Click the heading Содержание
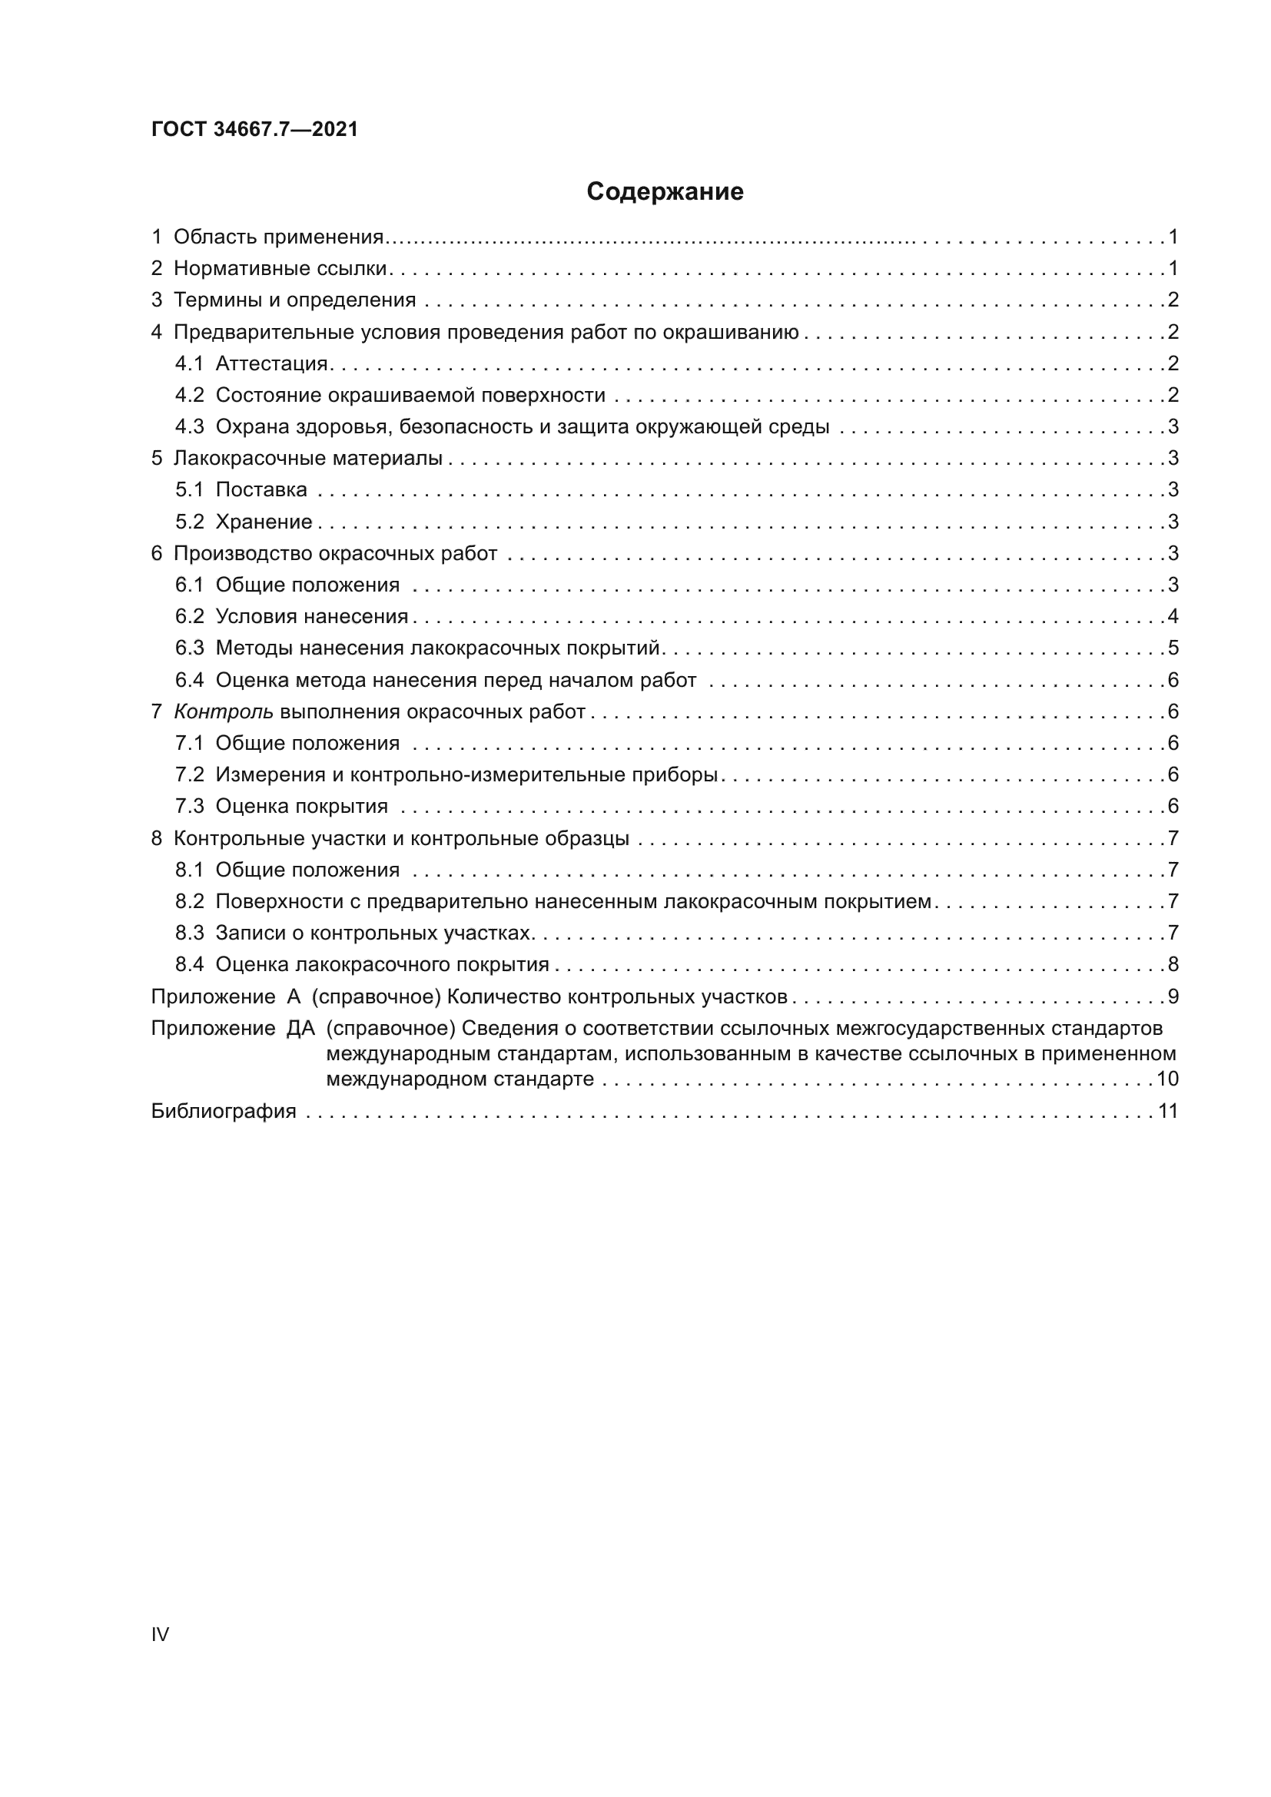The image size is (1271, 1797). click(665, 192)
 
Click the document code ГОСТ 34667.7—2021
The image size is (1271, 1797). click(254, 129)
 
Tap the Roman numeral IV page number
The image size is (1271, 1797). click(160, 1634)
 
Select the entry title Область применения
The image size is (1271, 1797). click(278, 237)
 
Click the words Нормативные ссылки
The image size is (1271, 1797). click(280, 268)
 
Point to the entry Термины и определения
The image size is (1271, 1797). click(294, 300)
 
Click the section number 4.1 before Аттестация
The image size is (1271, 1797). click(189, 363)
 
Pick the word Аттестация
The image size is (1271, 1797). click(271, 363)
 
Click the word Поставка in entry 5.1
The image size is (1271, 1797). click(261, 490)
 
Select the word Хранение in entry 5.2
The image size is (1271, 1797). click(264, 521)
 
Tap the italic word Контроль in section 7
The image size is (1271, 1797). click(223, 711)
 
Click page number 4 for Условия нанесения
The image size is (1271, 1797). click(1173, 616)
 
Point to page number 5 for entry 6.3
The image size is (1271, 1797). click(1173, 648)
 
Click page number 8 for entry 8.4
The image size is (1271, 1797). click(1173, 964)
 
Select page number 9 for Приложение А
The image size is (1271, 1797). click(1173, 996)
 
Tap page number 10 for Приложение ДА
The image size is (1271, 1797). click(1167, 1079)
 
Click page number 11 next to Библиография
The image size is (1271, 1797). click(1168, 1111)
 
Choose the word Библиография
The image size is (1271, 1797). click(224, 1111)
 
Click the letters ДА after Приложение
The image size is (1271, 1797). click(300, 1028)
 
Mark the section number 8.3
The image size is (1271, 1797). click(189, 933)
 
